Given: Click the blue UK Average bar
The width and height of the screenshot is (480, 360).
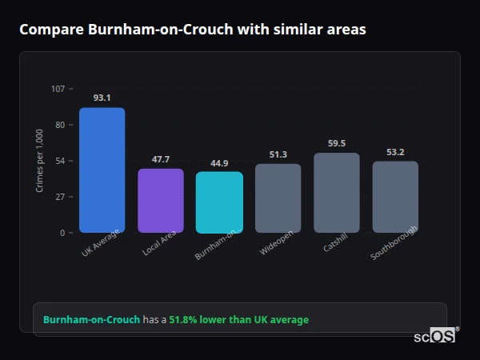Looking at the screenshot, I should (102, 170).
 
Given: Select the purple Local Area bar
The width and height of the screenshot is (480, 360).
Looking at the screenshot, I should (161, 200).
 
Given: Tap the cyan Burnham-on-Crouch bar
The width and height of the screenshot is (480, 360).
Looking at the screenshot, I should (219, 202).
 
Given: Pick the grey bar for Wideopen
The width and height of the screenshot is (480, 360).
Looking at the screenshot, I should (278, 198).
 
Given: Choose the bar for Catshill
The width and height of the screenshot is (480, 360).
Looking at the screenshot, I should (337, 192).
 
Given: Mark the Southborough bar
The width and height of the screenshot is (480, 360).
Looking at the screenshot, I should (395, 197).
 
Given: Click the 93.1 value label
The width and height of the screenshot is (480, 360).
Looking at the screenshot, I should (102, 98).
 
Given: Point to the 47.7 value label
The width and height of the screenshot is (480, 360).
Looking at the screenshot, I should (161, 159).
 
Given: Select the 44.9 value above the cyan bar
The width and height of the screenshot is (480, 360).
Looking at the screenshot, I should (219, 163).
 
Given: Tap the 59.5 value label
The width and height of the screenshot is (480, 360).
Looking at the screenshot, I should (337, 143).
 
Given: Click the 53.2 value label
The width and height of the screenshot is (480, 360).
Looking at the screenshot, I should (395, 152).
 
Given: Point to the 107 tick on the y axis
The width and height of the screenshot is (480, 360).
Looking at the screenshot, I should (58, 89).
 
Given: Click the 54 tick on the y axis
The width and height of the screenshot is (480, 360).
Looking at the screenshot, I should (60, 161).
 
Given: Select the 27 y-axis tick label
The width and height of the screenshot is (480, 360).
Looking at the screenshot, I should (60, 197).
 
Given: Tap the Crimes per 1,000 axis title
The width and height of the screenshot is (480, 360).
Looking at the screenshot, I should (40, 161).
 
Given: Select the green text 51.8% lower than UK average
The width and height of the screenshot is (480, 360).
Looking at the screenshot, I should (238, 320).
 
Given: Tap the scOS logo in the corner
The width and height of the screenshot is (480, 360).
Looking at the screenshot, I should (435, 336).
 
